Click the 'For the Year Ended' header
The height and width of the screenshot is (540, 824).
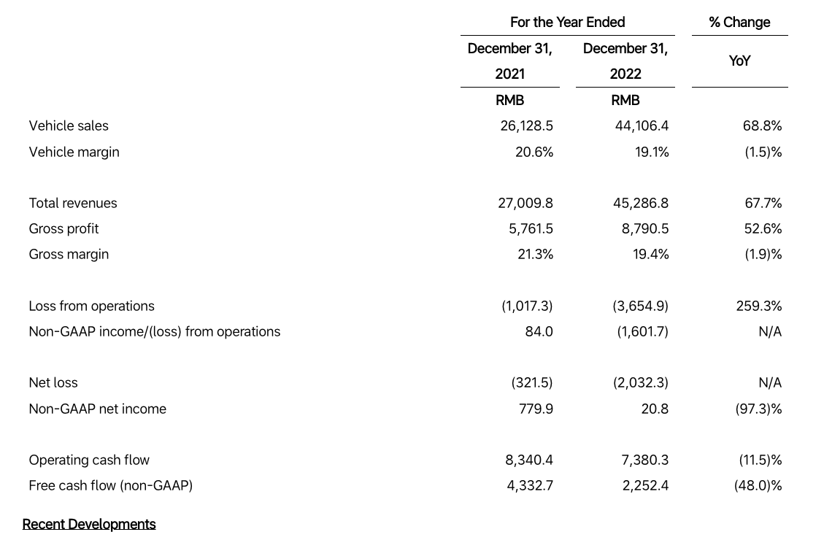[568, 22]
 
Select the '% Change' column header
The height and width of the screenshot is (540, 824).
[739, 22]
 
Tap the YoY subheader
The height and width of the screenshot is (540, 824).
[739, 61]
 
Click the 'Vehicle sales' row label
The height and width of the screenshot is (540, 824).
[69, 126]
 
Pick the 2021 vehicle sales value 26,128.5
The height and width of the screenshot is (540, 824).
[526, 126]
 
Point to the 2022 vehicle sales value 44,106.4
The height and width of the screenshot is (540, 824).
[642, 126]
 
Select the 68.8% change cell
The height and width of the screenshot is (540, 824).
[762, 126]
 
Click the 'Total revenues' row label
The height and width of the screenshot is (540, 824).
[73, 204]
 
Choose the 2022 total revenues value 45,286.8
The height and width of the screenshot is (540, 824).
[641, 204]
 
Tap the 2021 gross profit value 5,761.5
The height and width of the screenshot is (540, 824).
[531, 229]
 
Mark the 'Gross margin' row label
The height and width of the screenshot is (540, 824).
[69, 254]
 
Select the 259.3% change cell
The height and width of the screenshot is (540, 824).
[759, 306]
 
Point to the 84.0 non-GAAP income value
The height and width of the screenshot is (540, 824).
[539, 332]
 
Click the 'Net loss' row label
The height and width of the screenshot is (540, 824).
[53, 383]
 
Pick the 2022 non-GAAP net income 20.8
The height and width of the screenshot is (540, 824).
[655, 409]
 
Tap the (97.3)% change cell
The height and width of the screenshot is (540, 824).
[758, 409]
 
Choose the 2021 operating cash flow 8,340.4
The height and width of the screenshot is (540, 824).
[529, 460]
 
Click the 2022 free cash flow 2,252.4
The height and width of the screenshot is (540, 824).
[645, 486]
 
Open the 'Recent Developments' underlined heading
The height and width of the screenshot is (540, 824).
[89, 524]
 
